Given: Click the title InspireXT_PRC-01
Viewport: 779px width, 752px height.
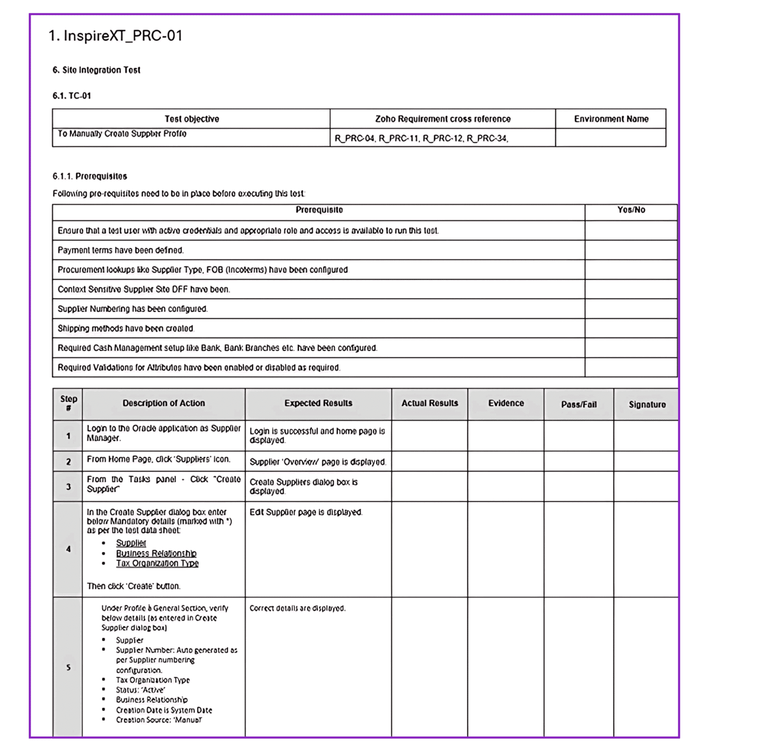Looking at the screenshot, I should click(x=115, y=36).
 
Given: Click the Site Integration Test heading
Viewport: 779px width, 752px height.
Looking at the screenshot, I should click(x=97, y=70).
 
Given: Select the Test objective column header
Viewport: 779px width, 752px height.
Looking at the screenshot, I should click(x=191, y=119).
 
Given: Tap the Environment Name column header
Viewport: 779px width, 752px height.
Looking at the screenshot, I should click(x=611, y=119).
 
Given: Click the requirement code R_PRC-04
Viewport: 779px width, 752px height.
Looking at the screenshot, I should click(x=355, y=138).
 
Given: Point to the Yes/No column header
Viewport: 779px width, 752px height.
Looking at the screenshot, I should click(x=631, y=210).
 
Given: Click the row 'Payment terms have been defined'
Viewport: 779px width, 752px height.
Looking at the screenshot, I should click(x=121, y=250).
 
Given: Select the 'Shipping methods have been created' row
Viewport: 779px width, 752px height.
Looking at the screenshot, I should click(x=126, y=328).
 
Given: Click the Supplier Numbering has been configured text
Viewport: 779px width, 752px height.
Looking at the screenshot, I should click(x=133, y=309).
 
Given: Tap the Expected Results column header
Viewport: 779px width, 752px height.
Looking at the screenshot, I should click(x=318, y=403).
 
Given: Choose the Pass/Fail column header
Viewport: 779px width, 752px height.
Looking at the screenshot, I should click(x=579, y=404).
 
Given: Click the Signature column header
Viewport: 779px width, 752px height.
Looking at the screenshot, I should click(x=647, y=404).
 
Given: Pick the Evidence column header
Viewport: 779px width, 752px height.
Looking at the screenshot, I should click(x=506, y=403).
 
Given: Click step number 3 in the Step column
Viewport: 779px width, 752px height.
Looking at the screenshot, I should click(x=68, y=487).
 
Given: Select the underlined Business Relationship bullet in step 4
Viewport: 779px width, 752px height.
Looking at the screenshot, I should click(x=156, y=554).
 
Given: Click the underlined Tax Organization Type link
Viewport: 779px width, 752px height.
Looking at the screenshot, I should click(x=157, y=563).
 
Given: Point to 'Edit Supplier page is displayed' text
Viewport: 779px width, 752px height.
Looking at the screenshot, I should click(x=306, y=512).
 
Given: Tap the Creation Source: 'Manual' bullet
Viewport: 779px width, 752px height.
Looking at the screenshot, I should click(x=159, y=720).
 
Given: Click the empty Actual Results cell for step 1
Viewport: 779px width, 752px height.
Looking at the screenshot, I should click(x=429, y=436).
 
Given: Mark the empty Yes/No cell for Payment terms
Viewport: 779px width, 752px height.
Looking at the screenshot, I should click(x=631, y=250).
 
